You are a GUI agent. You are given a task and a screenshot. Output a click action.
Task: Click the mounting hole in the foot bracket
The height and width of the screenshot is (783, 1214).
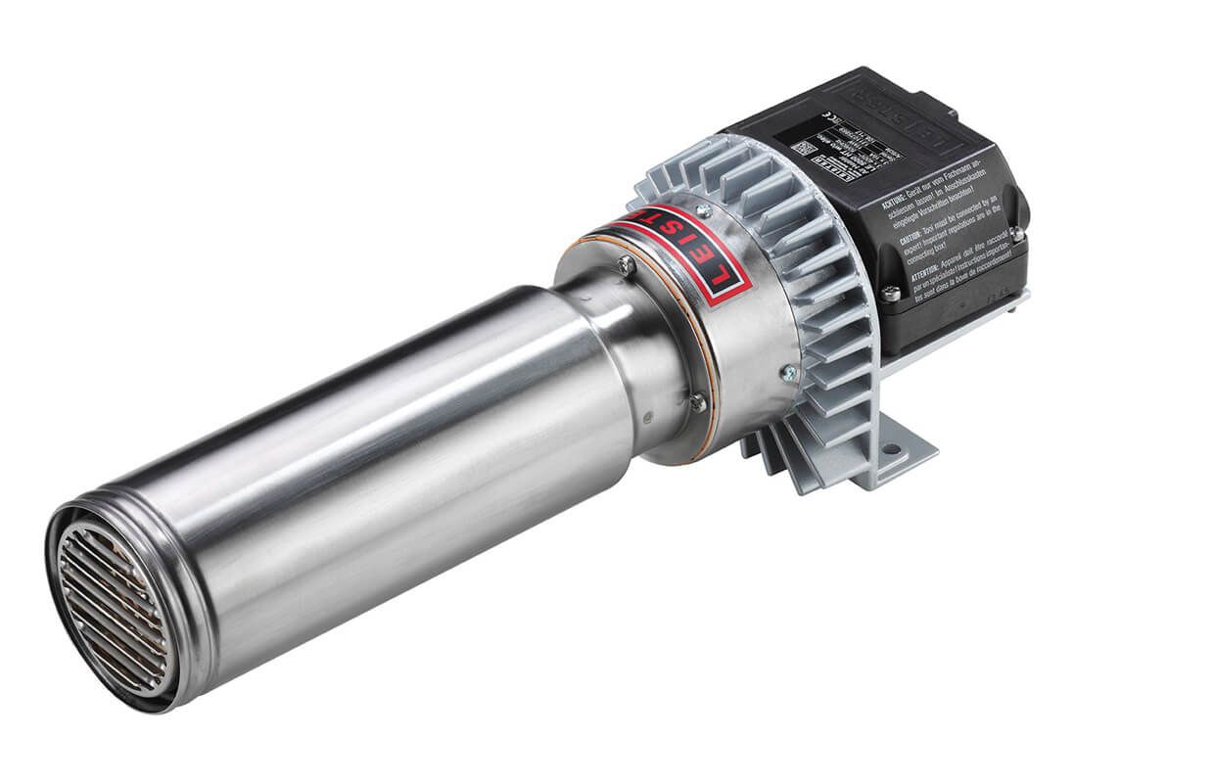(890, 451)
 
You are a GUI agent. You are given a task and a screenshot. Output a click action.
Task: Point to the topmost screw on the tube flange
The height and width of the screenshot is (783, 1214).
(624, 262)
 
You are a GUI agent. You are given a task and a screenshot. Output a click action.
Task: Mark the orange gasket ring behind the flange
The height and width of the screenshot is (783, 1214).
(710, 391)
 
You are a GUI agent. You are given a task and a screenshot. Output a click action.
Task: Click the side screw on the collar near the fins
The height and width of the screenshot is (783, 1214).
(786, 372)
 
